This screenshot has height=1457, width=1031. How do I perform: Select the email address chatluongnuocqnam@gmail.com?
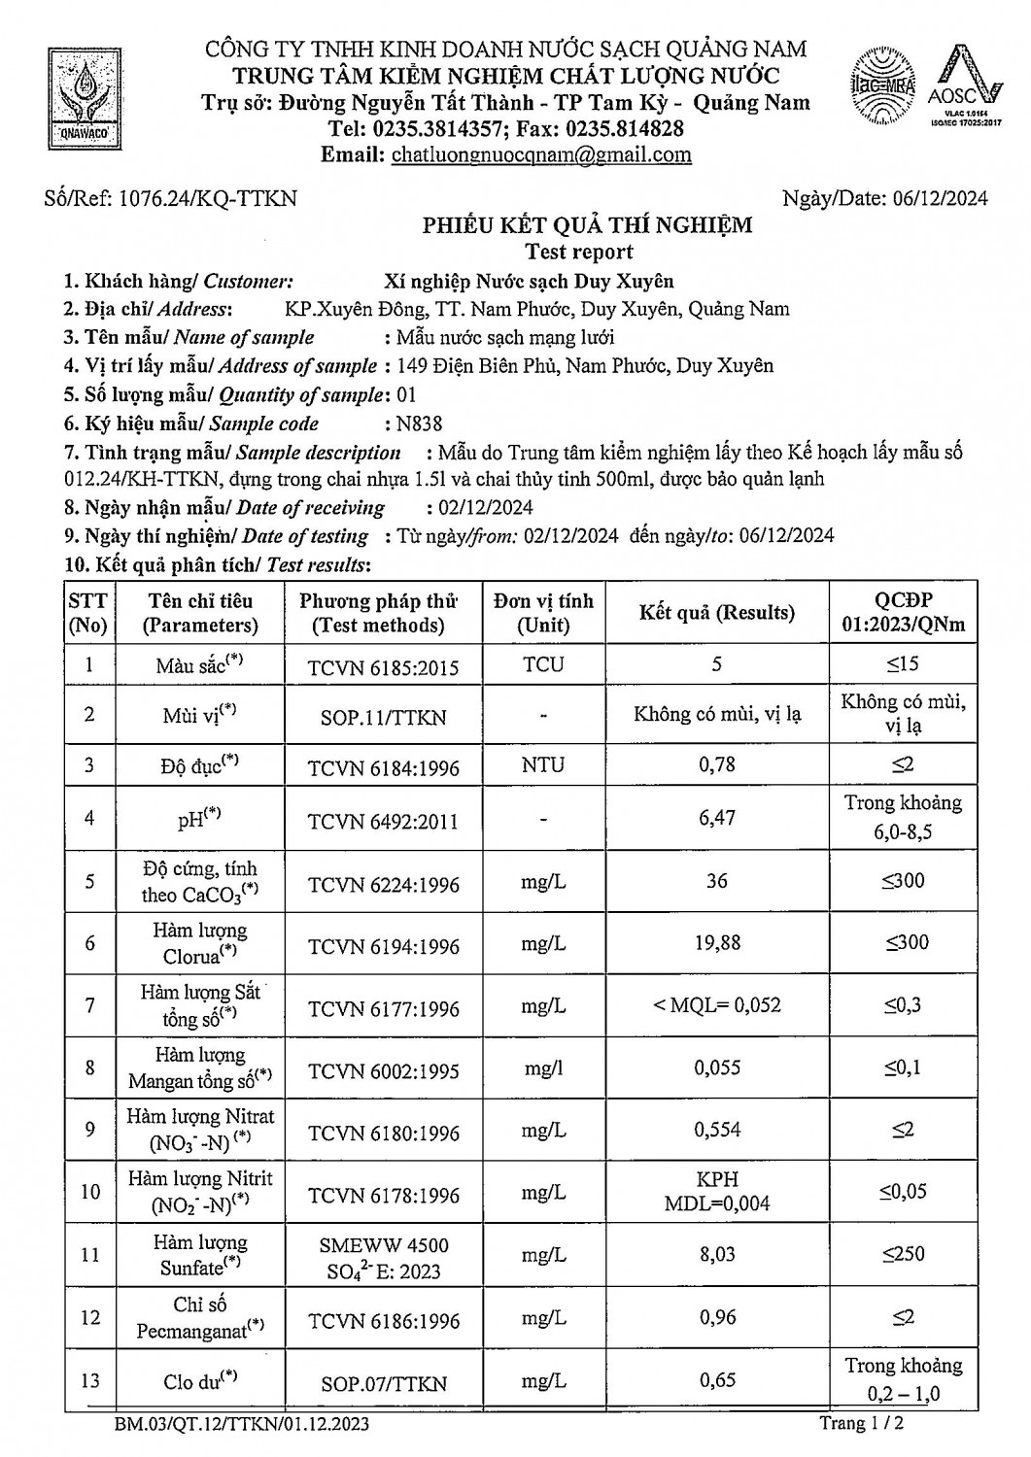coord(540,155)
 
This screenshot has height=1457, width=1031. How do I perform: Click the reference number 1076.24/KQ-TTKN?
coord(207,199)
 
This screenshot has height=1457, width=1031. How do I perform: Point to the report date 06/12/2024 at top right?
coord(939,199)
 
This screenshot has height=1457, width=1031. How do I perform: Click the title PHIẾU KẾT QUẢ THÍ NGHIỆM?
coord(587,225)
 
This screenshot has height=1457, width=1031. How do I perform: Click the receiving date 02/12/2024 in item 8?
coord(479,507)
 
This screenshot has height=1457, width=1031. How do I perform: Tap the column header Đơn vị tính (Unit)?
coord(543,613)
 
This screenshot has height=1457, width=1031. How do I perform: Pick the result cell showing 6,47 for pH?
coord(717,818)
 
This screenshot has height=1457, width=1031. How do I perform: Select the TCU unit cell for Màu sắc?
coord(543,665)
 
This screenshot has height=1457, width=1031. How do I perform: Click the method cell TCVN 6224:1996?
coord(384,884)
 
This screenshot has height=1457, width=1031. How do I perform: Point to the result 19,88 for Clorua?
coord(717,942)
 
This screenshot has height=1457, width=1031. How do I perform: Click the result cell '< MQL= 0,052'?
coord(717,1005)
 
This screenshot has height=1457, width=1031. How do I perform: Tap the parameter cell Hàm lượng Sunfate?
coord(200,1255)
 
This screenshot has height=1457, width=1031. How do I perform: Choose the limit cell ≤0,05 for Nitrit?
coord(903,1192)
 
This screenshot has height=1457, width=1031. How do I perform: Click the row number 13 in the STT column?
coord(89,1381)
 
